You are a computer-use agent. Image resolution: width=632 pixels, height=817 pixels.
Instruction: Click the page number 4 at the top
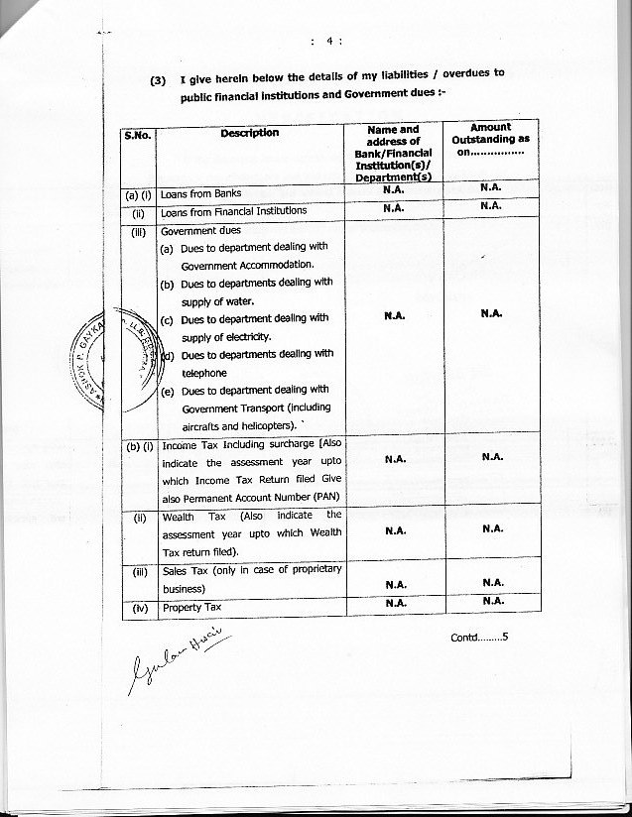(x=327, y=41)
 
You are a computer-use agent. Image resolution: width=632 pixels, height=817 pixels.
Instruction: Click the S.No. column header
(x=137, y=134)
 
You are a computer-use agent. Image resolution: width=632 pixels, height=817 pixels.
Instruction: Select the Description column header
(x=249, y=133)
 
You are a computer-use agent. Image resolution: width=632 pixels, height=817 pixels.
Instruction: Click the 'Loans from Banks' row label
(x=201, y=193)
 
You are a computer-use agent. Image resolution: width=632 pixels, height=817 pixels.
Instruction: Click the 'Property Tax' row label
(x=191, y=607)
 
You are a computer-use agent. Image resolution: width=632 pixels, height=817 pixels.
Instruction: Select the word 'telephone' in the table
(x=203, y=373)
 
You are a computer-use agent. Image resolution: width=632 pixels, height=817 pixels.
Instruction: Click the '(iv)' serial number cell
(x=137, y=607)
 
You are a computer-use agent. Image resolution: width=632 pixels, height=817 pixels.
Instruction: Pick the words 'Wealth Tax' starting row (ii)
(x=179, y=516)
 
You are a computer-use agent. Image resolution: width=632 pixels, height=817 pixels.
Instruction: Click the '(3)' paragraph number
(x=158, y=81)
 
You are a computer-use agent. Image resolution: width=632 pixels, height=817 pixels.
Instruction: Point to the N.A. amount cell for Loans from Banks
(x=490, y=187)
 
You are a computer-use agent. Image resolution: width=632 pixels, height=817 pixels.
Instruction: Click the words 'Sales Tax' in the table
(x=184, y=569)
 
